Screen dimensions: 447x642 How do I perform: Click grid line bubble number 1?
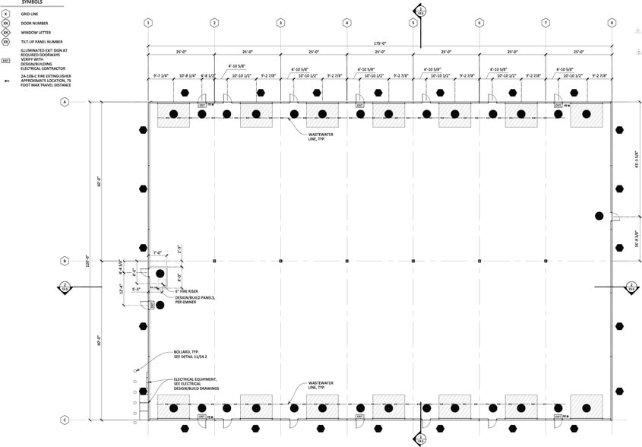coord(148,23)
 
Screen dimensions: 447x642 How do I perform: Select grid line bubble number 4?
coord(346,23)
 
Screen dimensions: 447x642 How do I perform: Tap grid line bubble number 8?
coord(612,23)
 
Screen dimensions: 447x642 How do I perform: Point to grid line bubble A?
coord(65,102)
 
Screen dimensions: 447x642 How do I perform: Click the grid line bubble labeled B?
coord(65,261)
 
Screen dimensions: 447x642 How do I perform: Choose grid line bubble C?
coord(65,420)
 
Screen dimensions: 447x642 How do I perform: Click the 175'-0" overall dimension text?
coord(380,43)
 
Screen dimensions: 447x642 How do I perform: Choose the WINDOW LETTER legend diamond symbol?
coord(6,33)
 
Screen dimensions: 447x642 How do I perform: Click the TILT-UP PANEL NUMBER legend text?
coord(41,42)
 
